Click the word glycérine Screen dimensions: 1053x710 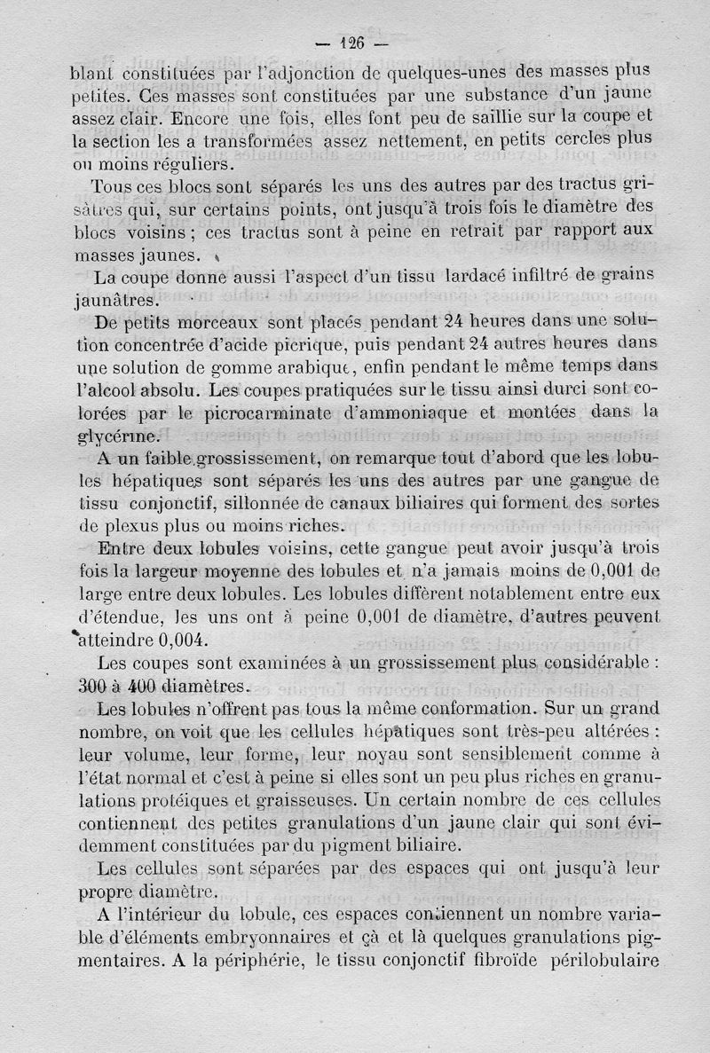(116, 436)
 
